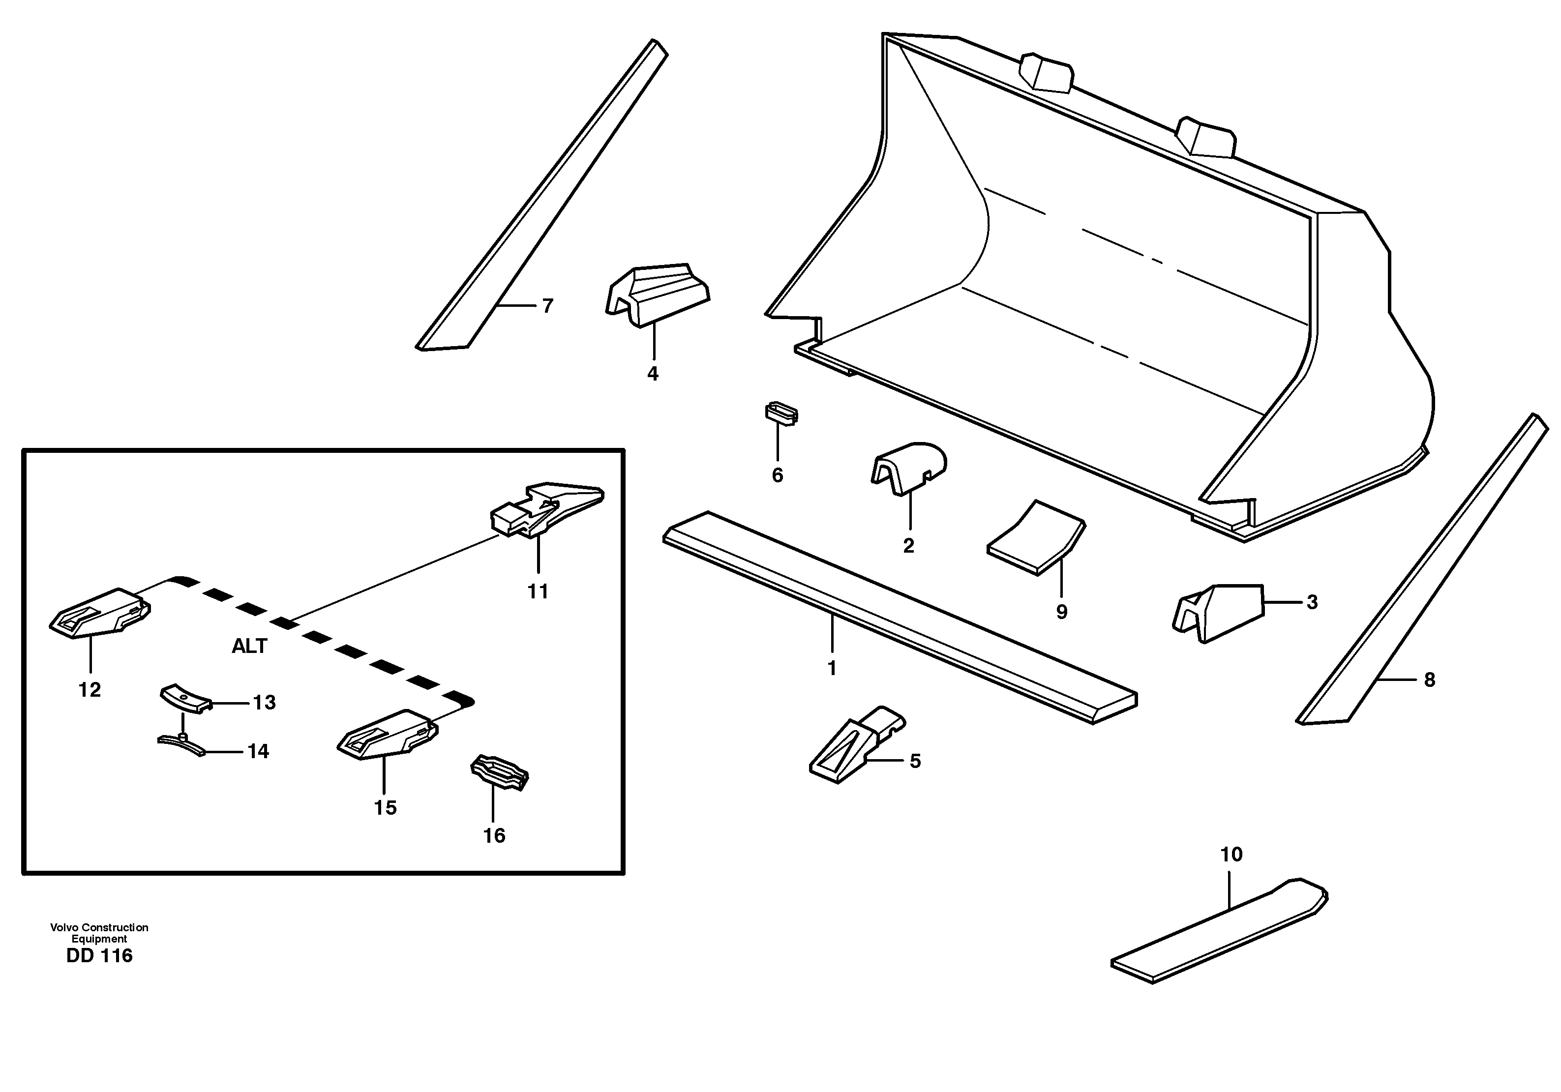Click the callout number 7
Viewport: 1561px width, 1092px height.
[547, 306]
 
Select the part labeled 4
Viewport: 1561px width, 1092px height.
[657, 295]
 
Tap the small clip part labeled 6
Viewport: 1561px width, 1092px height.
[781, 413]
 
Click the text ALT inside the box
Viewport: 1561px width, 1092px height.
[249, 646]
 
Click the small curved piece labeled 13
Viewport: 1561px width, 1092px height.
[185, 699]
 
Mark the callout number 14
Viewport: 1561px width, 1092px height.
[258, 752]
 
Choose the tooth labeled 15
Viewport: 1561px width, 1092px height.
[386, 735]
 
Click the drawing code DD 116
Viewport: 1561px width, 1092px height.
[99, 956]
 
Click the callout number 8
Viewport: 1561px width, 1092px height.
[1429, 679]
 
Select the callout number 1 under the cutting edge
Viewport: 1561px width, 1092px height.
[832, 668]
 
